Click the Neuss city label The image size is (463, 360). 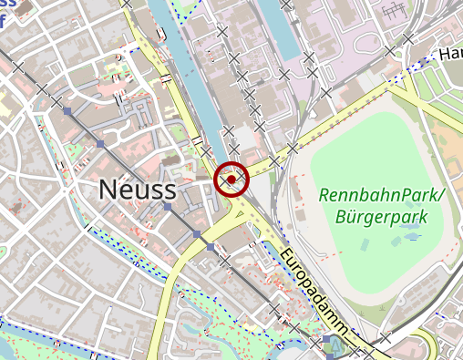coord(136,190)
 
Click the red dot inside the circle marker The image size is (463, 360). coord(231,180)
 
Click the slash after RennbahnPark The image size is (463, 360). coord(442,195)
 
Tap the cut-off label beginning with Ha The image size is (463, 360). coord(450,55)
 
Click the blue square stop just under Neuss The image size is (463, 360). coord(167,208)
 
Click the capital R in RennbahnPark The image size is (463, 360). coord(325,195)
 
